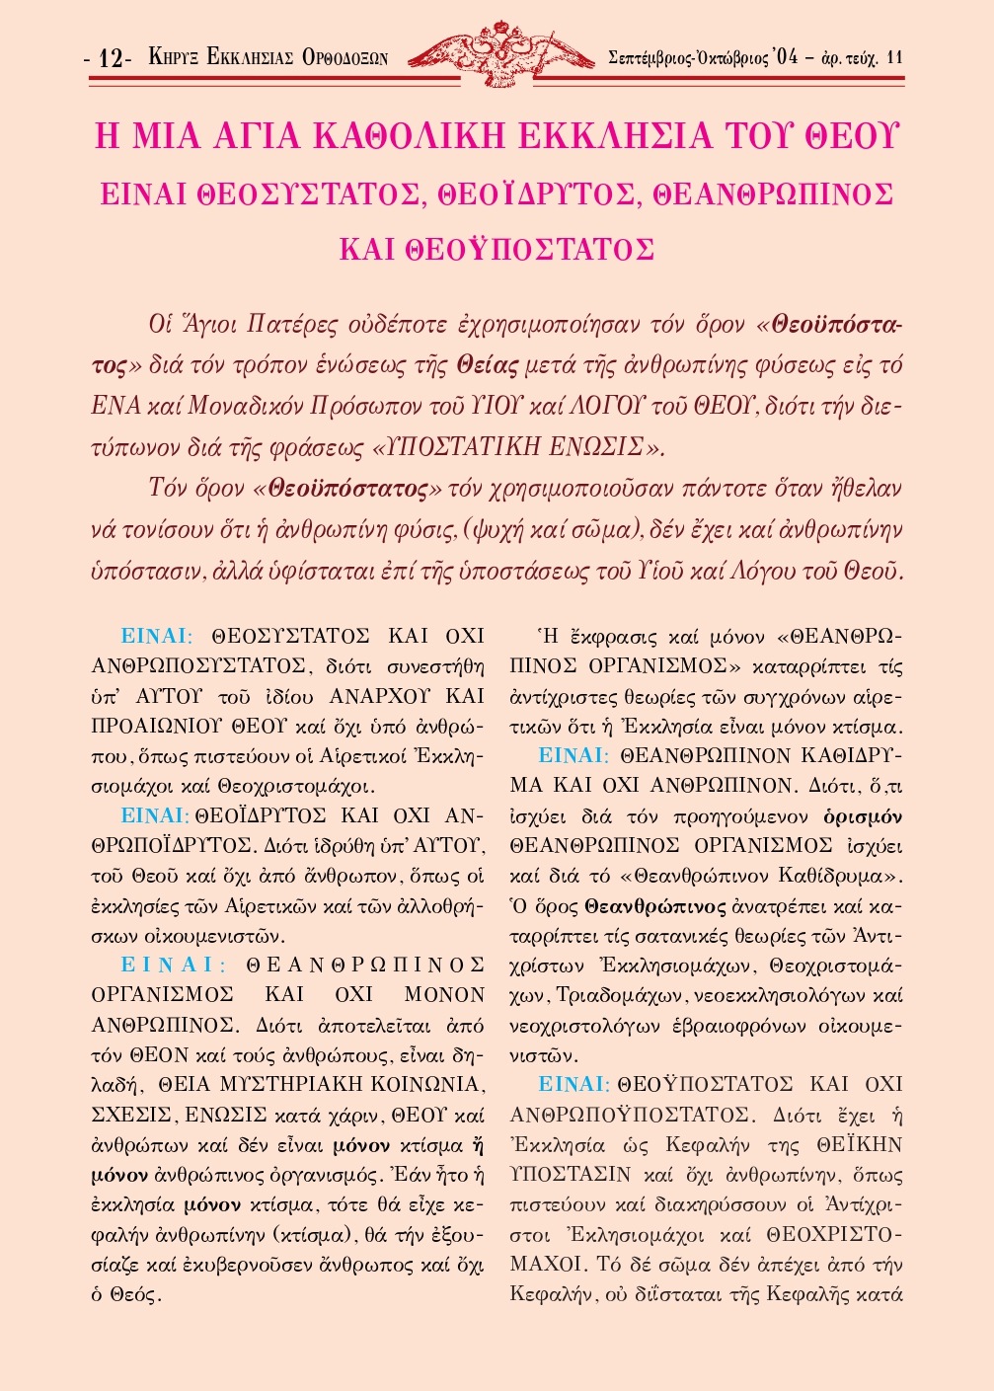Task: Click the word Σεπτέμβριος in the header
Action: click(x=658, y=57)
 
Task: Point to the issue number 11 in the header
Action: click(x=895, y=57)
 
